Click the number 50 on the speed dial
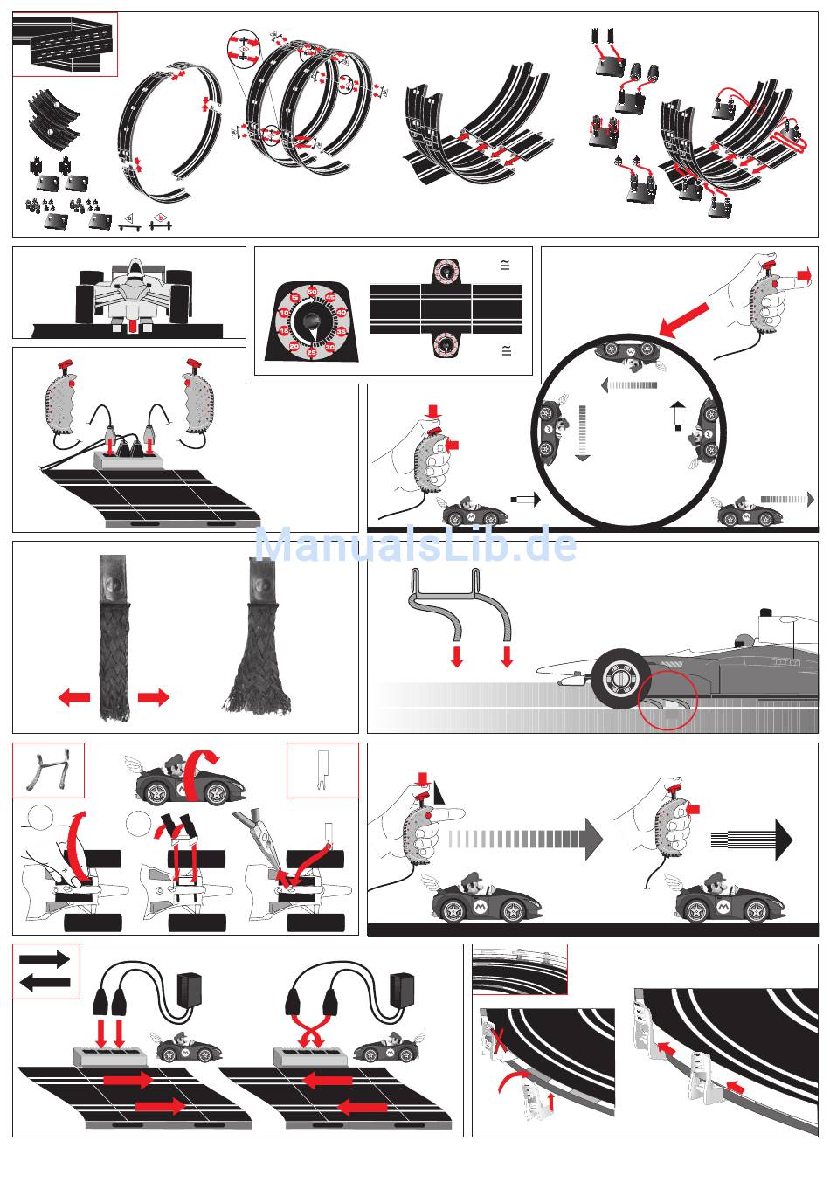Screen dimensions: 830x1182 click(312, 291)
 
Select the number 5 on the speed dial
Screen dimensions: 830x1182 click(295, 299)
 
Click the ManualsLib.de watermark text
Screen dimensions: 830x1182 click(415, 545)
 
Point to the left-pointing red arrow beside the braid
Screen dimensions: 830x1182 click(74, 697)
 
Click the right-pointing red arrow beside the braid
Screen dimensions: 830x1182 click(154, 697)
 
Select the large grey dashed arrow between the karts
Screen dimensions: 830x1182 click(524, 839)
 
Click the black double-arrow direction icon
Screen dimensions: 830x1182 click(45, 971)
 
